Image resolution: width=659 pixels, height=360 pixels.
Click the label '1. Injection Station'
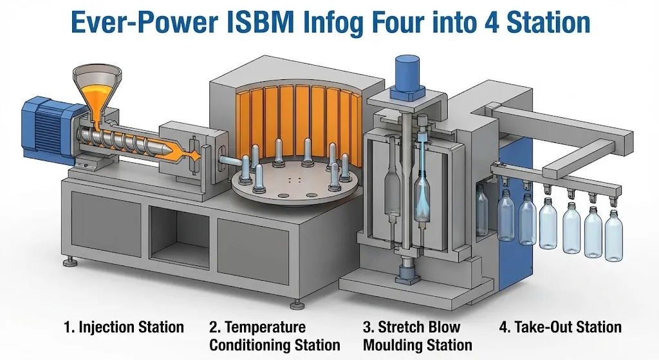click(124, 327)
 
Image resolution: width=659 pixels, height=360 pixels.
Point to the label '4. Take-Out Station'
click(561, 327)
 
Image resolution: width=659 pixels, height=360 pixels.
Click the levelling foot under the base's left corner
click(70, 261)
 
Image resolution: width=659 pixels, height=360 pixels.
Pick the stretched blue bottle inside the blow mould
click(422, 193)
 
